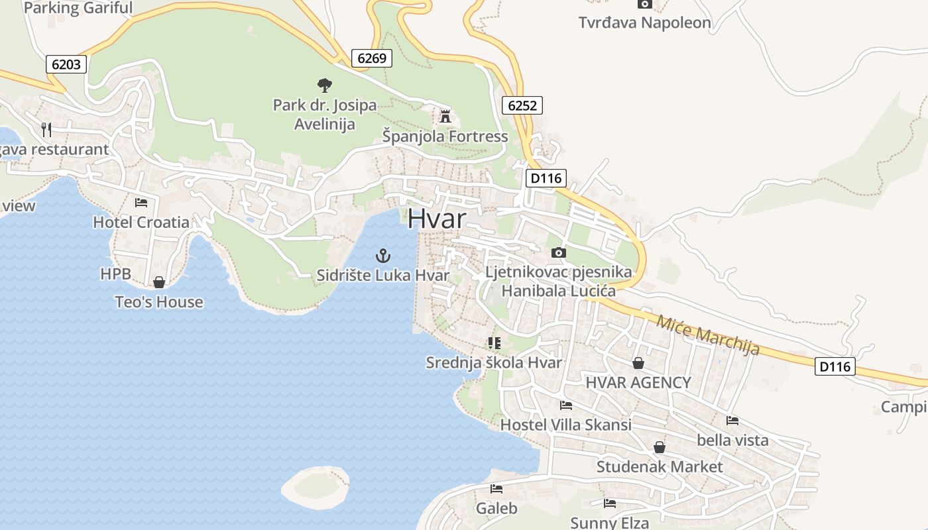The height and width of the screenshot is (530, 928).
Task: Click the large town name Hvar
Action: (436, 219)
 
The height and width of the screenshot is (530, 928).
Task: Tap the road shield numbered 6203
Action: (66, 64)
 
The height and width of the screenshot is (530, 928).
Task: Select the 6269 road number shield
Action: (371, 58)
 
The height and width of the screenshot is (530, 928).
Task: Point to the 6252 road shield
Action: (522, 105)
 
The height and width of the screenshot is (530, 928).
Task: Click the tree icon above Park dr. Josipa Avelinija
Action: (324, 85)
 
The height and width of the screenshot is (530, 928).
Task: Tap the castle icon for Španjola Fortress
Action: (445, 117)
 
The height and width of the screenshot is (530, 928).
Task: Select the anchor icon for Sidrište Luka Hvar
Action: (383, 255)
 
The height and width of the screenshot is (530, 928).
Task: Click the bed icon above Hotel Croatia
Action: (141, 202)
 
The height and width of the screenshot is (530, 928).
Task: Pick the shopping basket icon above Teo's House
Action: (159, 282)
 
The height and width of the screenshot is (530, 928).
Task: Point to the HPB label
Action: (115, 274)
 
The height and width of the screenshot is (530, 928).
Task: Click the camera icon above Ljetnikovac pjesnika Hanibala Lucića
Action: (559, 252)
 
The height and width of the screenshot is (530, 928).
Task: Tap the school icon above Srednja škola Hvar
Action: (494, 343)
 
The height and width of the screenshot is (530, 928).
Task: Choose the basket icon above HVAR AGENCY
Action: (638, 362)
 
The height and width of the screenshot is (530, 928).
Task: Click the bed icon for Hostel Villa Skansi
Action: (565, 405)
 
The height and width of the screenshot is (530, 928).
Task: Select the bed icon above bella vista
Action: (732, 420)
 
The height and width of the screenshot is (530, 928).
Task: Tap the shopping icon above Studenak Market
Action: (659, 447)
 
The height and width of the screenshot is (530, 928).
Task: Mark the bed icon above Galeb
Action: (496, 489)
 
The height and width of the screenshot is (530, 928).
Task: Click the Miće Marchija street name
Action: (708, 335)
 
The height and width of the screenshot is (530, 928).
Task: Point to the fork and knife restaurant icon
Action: (46, 129)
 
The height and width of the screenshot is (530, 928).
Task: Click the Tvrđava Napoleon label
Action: (644, 23)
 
